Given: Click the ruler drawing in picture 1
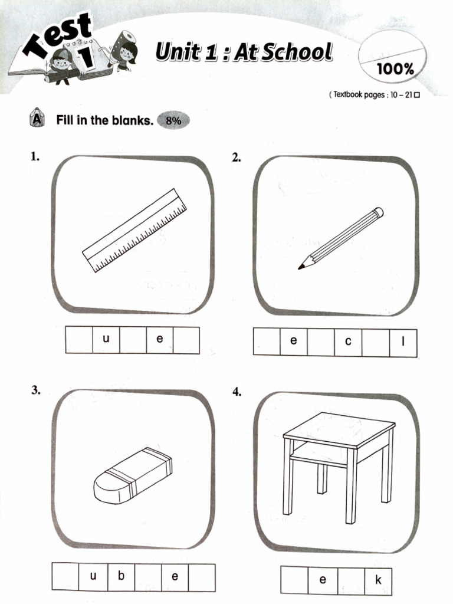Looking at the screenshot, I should pos(134,231).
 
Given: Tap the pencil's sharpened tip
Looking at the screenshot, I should pos(301,267).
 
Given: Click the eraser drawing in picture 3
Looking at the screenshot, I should pos(133,477).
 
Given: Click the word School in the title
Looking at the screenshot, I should pos(298,52).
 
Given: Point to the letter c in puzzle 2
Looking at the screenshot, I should pos(348,342).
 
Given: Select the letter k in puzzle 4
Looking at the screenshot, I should pos(378,580).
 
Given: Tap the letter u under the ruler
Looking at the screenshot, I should pos(106,340).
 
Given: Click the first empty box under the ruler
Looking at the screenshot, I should pos(79,340).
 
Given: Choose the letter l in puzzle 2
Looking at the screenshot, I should pos(403,342).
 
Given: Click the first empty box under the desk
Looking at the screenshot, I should pos(294,580).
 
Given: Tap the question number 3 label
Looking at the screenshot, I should pos(35,390).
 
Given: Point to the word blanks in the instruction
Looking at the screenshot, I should pos(130,121).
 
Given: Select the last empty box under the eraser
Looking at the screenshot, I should pos(202,577).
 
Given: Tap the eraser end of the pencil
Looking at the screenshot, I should pos(379,211).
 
